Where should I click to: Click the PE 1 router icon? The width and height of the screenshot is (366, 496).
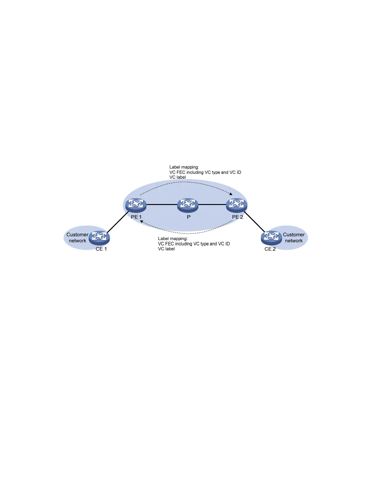(136, 205)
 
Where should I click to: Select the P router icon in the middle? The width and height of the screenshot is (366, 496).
(188, 205)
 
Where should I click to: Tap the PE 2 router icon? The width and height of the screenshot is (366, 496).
(237, 205)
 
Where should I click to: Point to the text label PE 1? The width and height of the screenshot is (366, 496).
(136, 217)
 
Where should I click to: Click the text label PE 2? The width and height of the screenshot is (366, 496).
(237, 217)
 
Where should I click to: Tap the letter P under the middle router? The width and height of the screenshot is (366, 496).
(189, 217)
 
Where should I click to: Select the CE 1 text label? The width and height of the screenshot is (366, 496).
(101, 249)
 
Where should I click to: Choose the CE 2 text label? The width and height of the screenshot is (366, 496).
(270, 249)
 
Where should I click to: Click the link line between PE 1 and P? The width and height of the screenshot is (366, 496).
(162, 204)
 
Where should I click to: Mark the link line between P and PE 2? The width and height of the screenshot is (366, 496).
(212, 204)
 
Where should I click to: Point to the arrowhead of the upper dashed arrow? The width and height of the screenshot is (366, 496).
(231, 194)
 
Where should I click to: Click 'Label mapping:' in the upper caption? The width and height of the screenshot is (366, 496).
(184, 167)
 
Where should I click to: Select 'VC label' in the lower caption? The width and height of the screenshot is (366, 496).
(166, 249)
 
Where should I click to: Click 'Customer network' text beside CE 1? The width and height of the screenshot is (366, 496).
(78, 238)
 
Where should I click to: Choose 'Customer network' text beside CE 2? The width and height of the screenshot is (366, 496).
(294, 238)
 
